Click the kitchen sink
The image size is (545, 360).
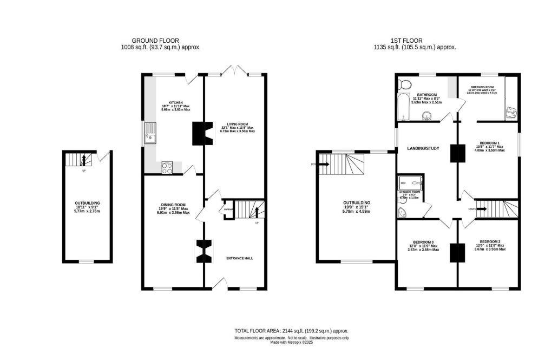tap(150, 134)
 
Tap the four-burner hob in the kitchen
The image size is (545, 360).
tap(167, 168)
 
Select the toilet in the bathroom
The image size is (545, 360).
tap(402, 84)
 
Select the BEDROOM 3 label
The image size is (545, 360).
tap(423, 241)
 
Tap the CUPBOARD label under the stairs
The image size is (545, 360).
tap(228, 208)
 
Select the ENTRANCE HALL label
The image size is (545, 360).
tap(239, 258)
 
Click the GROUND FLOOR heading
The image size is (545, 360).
tap(155, 41)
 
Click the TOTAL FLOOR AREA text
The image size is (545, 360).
tap(291, 330)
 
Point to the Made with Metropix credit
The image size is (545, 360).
tap(291, 342)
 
